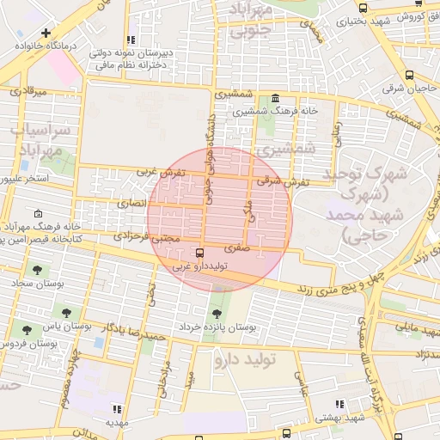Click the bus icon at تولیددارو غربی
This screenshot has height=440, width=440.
click(200, 253)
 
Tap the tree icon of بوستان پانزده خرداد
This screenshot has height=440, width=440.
click(217, 311)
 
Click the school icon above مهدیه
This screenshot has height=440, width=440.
click(118, 409)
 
